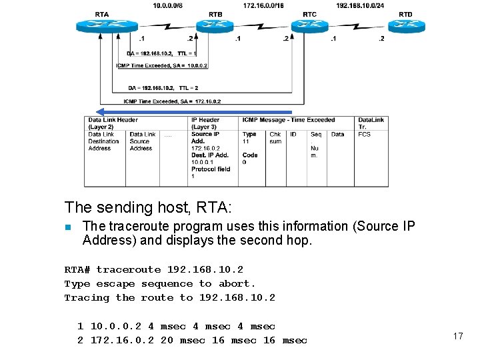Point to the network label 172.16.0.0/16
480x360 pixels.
[x=263, y=5]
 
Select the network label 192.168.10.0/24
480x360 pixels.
[x=360, y=5]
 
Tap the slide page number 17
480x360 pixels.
[x=458, y=336]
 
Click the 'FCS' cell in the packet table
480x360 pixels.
[x=364, y=135]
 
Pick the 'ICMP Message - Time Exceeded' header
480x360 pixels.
[x=289, y=120]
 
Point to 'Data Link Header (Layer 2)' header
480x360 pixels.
[x=113, y=123]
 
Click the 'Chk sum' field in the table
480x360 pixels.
[x=275, y=138]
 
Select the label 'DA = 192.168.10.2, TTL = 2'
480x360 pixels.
[x=163, y=87]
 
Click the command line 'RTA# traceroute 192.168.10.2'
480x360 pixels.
[x=153, y=269]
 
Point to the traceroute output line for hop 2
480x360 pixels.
[x=192, y=340]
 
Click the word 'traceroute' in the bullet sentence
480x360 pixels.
[x=137, y=226]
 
